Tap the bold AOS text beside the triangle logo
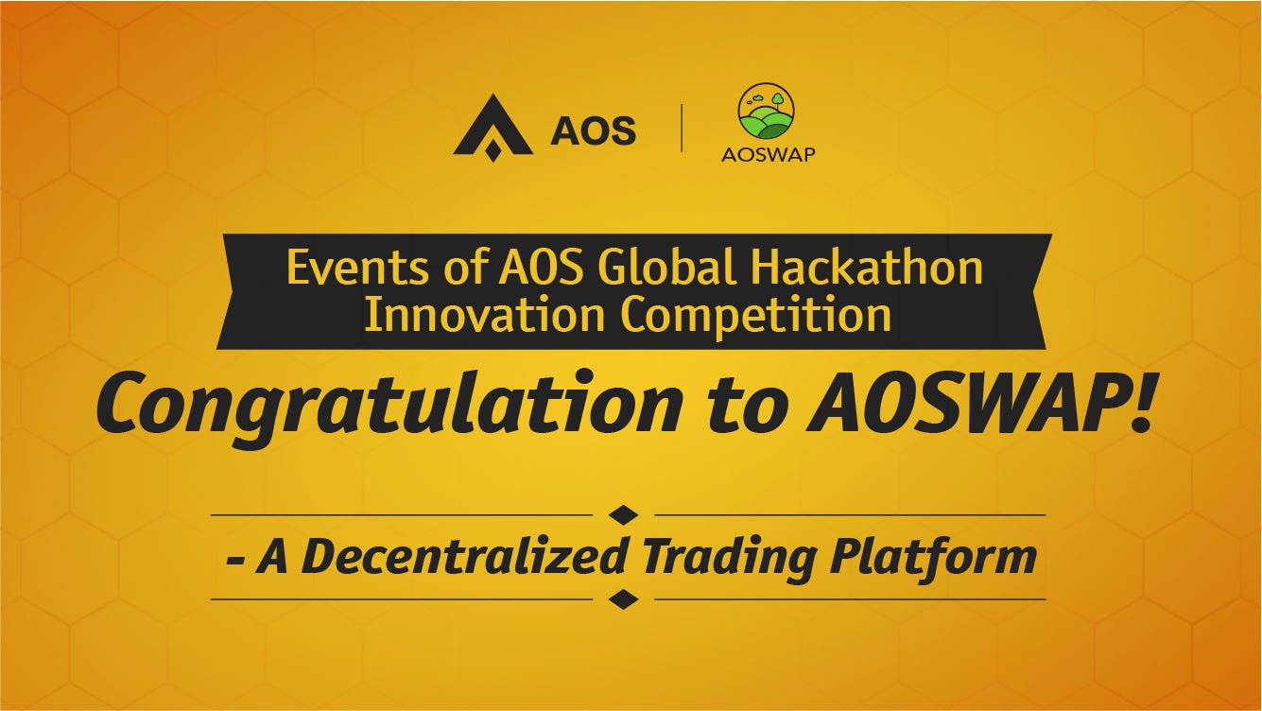594,130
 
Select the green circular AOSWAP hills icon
767,112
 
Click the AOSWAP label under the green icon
768,154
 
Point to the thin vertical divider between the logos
682,128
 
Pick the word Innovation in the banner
484,316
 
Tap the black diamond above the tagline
624,515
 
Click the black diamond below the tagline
624,599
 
